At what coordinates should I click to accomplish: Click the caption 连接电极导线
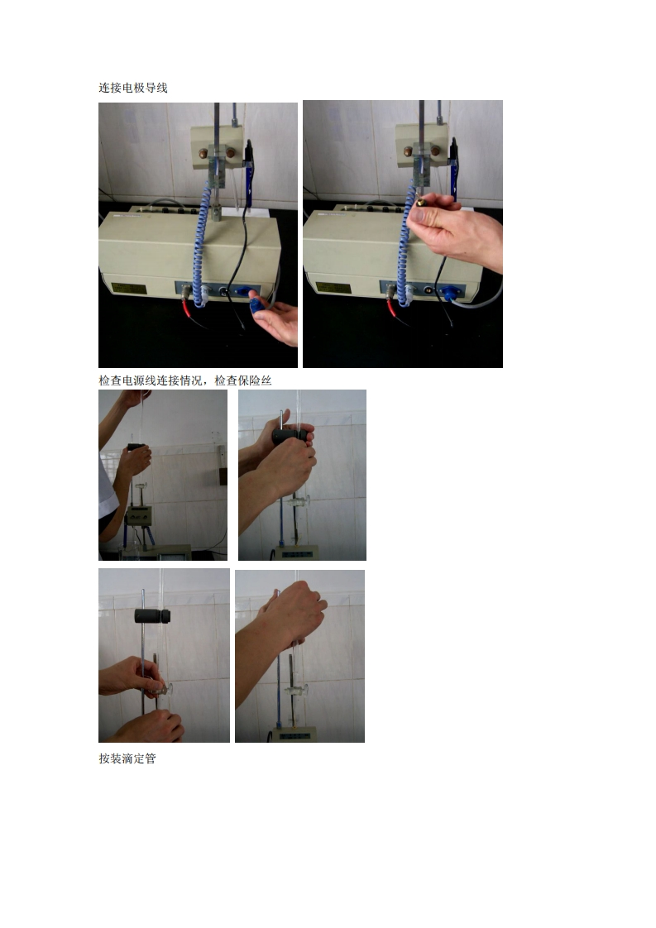pos(133,88)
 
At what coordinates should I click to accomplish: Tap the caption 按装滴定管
pos(127,758)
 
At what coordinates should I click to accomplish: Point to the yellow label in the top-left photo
pos(128,289)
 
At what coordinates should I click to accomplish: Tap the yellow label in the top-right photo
pos(333,288)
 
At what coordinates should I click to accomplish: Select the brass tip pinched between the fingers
pos(420,203)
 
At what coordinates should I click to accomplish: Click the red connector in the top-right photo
pos(392,307)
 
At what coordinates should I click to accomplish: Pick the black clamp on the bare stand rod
pos(152,615)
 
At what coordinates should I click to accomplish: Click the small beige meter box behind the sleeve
pos(138,515)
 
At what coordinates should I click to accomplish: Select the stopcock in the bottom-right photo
pos(297,690)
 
